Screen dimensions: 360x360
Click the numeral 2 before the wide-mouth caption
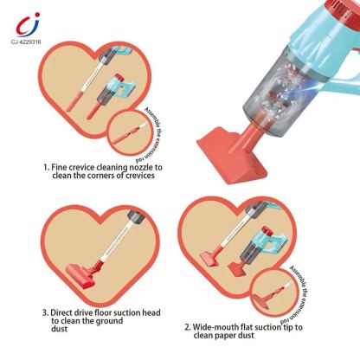click(x=189, y=327)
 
